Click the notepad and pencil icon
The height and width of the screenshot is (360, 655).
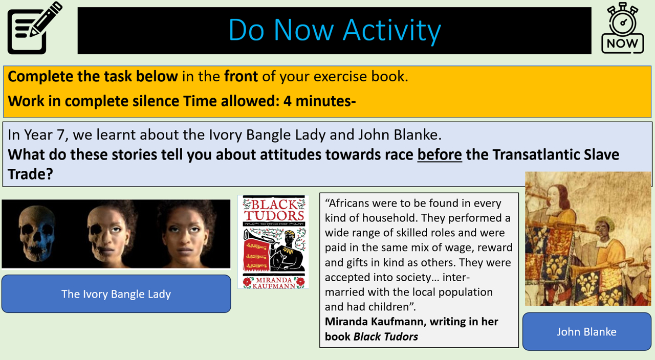34,28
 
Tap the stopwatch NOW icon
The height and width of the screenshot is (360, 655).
623,28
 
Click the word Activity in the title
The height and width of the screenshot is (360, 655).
392,31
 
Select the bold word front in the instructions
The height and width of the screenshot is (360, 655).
241,77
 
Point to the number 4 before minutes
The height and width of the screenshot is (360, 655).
288,101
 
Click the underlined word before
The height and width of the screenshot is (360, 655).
440,154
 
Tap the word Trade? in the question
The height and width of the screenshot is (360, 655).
30,174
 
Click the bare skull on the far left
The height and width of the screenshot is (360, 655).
36,233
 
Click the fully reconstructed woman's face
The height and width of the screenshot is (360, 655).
187,234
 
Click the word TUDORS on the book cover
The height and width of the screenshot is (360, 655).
274,216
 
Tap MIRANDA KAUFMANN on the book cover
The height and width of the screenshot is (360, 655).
274,283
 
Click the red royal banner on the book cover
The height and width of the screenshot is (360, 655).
256,254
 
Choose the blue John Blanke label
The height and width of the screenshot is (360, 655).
586,331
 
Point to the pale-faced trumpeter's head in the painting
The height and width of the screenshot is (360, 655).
555,196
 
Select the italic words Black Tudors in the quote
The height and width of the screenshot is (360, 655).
386,336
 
